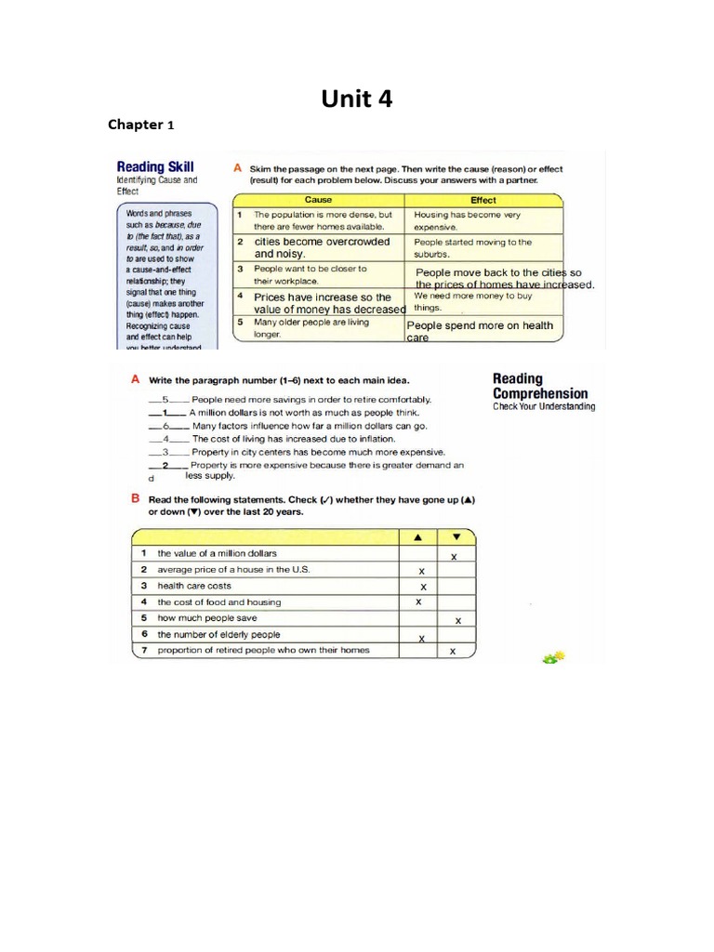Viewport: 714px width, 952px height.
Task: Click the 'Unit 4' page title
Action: [x=357, y=98]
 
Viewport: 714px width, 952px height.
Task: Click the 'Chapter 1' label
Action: [x=140, y=124]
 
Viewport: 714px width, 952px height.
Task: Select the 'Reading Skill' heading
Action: [x=155, y=166]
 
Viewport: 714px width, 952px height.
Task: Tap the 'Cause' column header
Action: [x=318, y=200]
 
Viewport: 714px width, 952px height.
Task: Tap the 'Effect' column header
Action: [x=483, y=200]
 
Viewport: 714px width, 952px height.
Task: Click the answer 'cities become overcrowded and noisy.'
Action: [x=322, y=247]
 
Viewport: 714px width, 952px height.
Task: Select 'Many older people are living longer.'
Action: [x=311, y=327]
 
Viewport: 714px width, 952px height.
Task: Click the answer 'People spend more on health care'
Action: [x=480, y=330]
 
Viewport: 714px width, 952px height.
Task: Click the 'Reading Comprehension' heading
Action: [x=540, y=386]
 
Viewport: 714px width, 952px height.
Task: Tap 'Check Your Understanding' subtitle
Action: [x=544, y=406]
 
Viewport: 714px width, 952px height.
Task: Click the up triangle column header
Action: [x=417, y=536]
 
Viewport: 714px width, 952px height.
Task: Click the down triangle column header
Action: [x=456, y=536]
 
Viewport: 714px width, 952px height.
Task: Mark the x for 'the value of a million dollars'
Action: [x=454, y=556]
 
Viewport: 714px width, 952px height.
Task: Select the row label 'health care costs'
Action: [x=194, y=586]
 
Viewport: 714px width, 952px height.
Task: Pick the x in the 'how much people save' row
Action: [x=456, y=620]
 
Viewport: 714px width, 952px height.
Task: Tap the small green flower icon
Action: [x=555, y=657]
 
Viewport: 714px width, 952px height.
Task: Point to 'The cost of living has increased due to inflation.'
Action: [x=294, y=439]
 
